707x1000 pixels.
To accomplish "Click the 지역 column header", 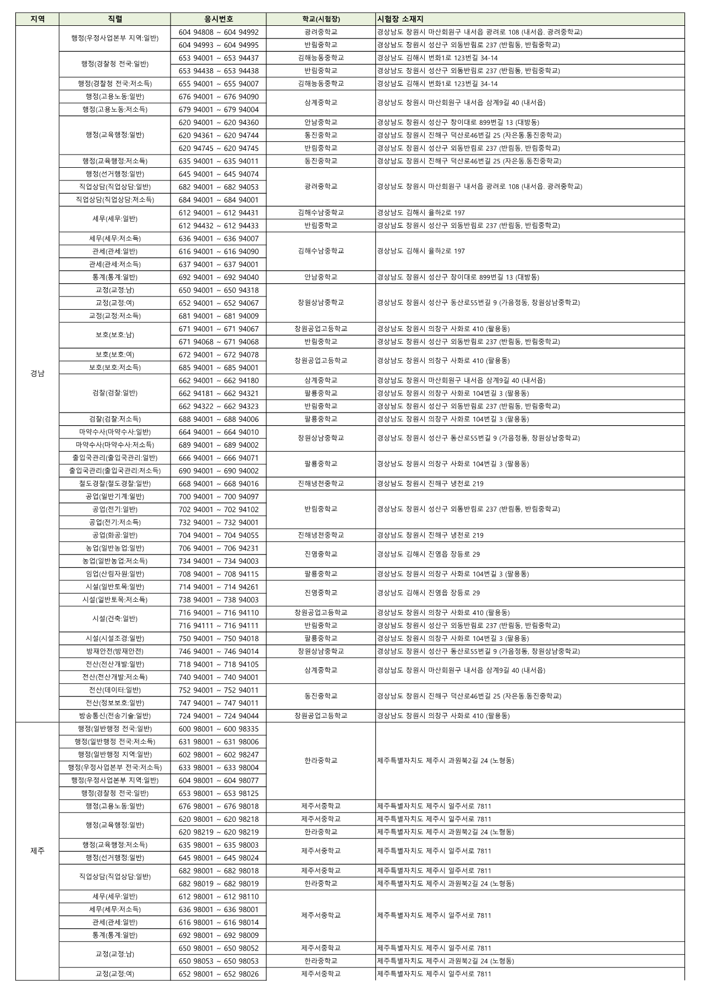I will [x=37, y=19].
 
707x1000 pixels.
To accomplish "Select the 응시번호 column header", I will [x=218, y=19].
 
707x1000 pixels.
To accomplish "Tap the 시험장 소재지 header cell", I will [x=400, y=19].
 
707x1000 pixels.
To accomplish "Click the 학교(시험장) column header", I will [x=321, y=19].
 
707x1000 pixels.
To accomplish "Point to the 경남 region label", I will [x=37, y=373].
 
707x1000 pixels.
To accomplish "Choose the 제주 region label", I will [x=37, y=851].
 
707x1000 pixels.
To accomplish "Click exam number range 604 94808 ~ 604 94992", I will [x=218, y=32].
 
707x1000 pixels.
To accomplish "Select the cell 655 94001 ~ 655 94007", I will [x=218, y=84].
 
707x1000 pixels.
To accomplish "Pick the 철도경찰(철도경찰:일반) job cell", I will [x=114, y=483].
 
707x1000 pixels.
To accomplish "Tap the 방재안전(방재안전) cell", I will [x=114, y=651].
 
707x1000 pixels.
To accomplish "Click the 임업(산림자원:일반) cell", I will [x=114, y=574].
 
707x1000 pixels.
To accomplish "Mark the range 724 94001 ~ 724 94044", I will [x=218, y=716].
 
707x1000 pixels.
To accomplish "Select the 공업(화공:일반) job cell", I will [x=114, y=535].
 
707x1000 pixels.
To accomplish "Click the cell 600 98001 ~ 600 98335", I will [x=218, y=729].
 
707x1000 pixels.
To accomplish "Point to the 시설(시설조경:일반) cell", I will [x=114, y=639].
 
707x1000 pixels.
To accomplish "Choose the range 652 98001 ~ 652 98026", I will [x=218, y=974].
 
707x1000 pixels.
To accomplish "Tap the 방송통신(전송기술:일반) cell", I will [x=114, y=716].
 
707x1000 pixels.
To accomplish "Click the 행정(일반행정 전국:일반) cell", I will [x=114, y=729].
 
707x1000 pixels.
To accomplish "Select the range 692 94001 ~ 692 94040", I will [x=218, y=277].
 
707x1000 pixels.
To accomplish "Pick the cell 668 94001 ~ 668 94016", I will [x=218, y=484].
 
